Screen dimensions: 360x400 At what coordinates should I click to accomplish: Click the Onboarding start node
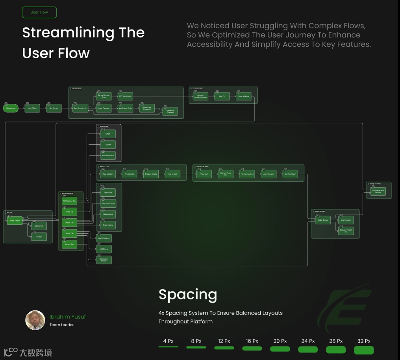click(x=11, y=108)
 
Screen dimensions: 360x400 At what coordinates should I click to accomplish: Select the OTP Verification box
click(x=125, y=96)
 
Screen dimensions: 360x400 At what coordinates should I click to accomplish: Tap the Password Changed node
click(x=170, y=111)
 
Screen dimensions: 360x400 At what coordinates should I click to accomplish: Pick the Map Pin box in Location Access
click(x=222, y=96)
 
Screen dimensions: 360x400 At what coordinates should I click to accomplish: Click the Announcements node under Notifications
click(x=107, y=155)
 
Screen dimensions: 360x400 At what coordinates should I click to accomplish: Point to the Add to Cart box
click(x=172, y=174)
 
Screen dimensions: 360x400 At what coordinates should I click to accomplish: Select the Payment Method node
click(x=247, y=174)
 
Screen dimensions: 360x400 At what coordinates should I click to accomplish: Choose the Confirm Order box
click(x=290, y=174)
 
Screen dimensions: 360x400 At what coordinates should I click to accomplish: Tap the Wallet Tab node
click(x=69, y=234)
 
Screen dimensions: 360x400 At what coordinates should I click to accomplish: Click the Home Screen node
click(x=14, y=221)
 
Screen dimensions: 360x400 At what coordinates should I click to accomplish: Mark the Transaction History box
click(x=104, y=260)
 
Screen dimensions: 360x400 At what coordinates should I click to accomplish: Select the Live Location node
click(x=345, y=220)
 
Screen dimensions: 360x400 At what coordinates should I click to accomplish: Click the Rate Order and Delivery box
click(x=378, y=191)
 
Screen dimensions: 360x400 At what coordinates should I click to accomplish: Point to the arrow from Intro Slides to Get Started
click(x=43, y=108)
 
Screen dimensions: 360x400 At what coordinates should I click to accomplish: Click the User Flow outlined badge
click(x=39, y=12)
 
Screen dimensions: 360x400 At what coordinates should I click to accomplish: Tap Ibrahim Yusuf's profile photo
click(x=35, y=320)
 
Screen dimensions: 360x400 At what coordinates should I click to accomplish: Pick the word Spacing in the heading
click(x=187, y=294)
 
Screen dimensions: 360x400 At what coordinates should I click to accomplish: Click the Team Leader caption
click(x=61, y=325)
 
